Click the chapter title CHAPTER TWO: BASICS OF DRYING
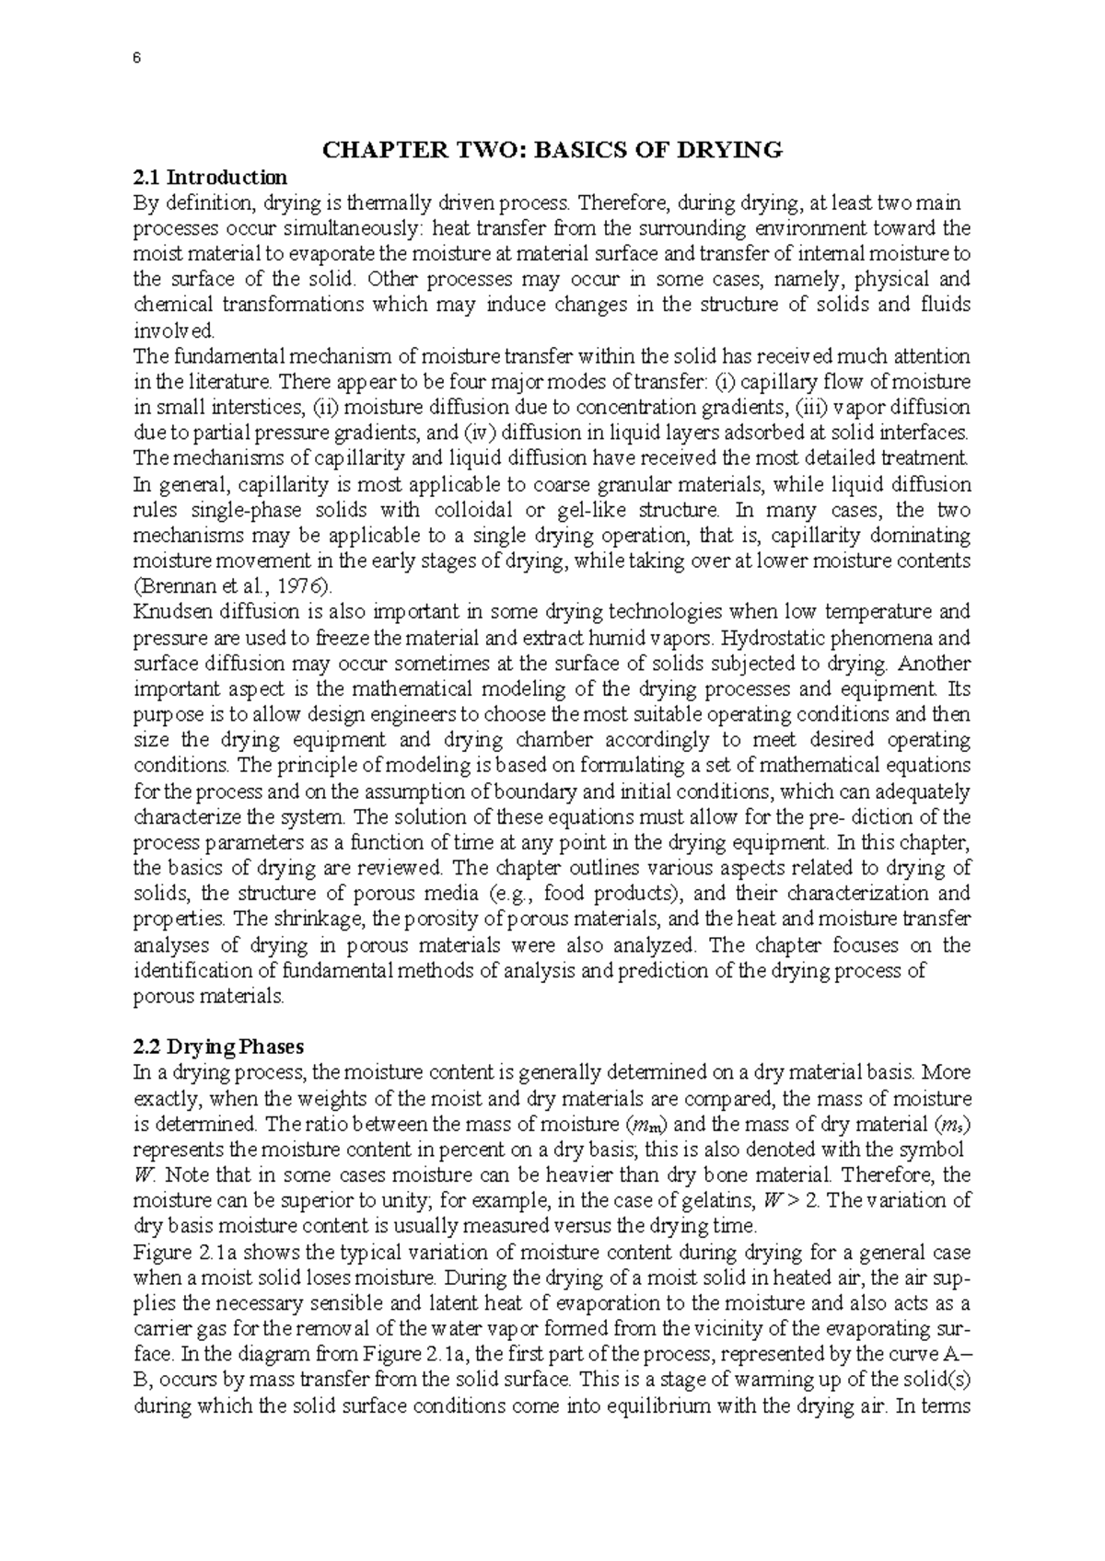[x=552, y=150]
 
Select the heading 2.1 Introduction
[x=211, y=177]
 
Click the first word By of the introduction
[x=146, y=202]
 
